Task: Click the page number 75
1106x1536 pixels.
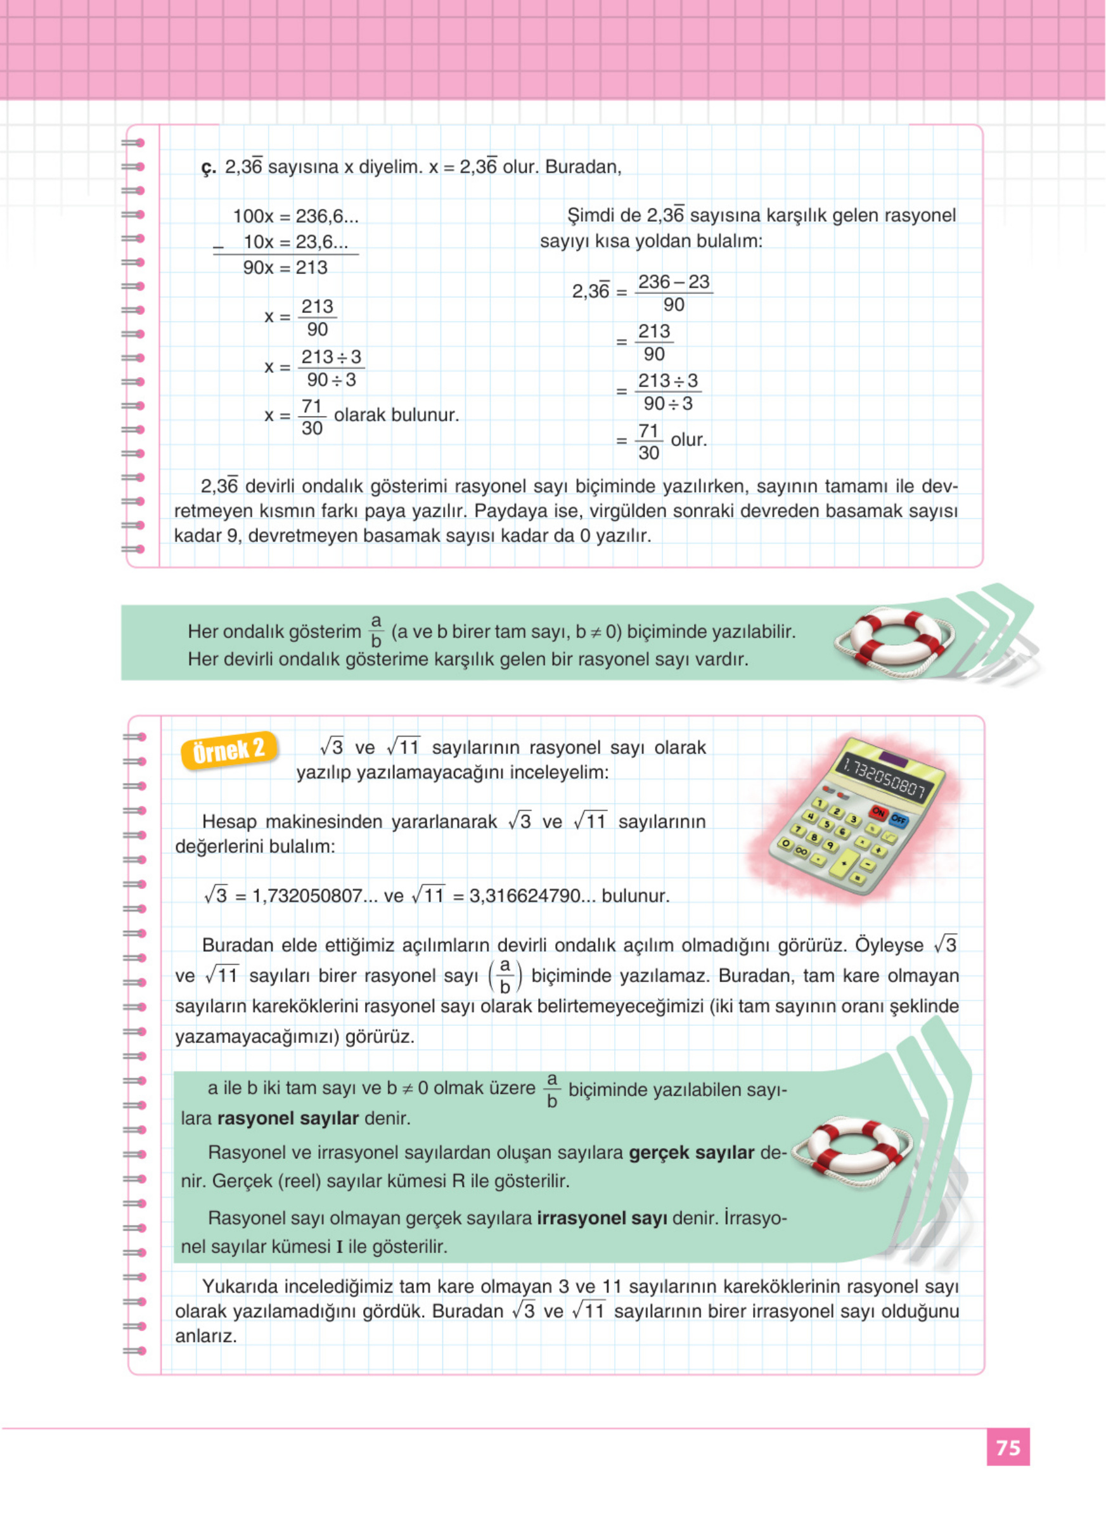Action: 1007,1447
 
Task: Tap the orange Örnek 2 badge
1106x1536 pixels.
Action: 228,750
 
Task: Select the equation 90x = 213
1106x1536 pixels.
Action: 285,267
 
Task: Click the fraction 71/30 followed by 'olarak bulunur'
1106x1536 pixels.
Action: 312,417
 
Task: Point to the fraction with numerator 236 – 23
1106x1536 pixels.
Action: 673,293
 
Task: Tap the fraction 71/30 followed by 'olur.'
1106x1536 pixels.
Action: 648,442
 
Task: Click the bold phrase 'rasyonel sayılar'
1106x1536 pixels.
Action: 288,1118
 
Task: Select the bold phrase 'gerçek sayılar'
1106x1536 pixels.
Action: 691,1153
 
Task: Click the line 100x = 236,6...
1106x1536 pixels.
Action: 295,217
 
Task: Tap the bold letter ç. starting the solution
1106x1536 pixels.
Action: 208,168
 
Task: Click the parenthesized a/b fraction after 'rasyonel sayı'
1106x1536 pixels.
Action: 505,976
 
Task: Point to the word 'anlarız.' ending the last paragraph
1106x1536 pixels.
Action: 206,1336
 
